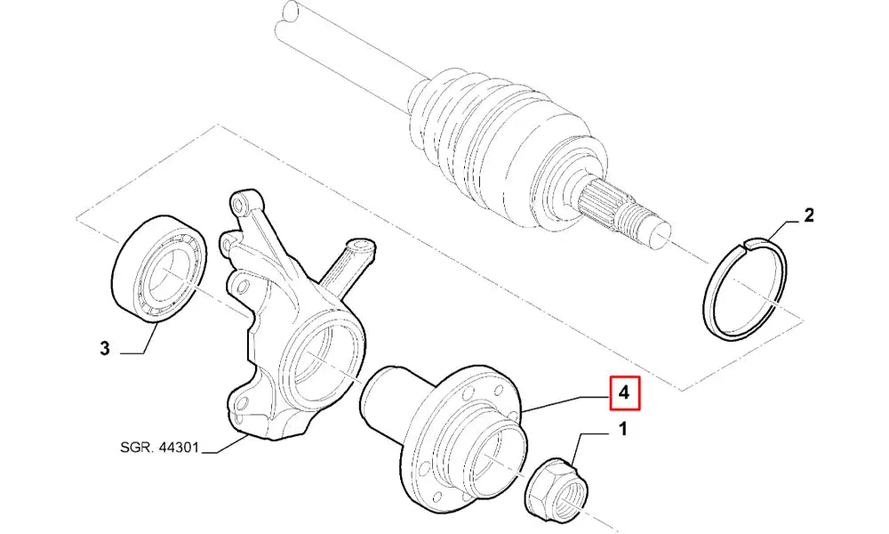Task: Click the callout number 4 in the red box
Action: tap(624, 392)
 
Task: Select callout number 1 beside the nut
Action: tap(622, 430)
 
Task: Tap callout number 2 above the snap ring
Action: tap(808, 215)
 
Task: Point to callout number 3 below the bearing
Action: tap(104, 348)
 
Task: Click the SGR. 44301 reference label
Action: tap(159, 448)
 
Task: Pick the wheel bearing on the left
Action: tap(159, 269)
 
